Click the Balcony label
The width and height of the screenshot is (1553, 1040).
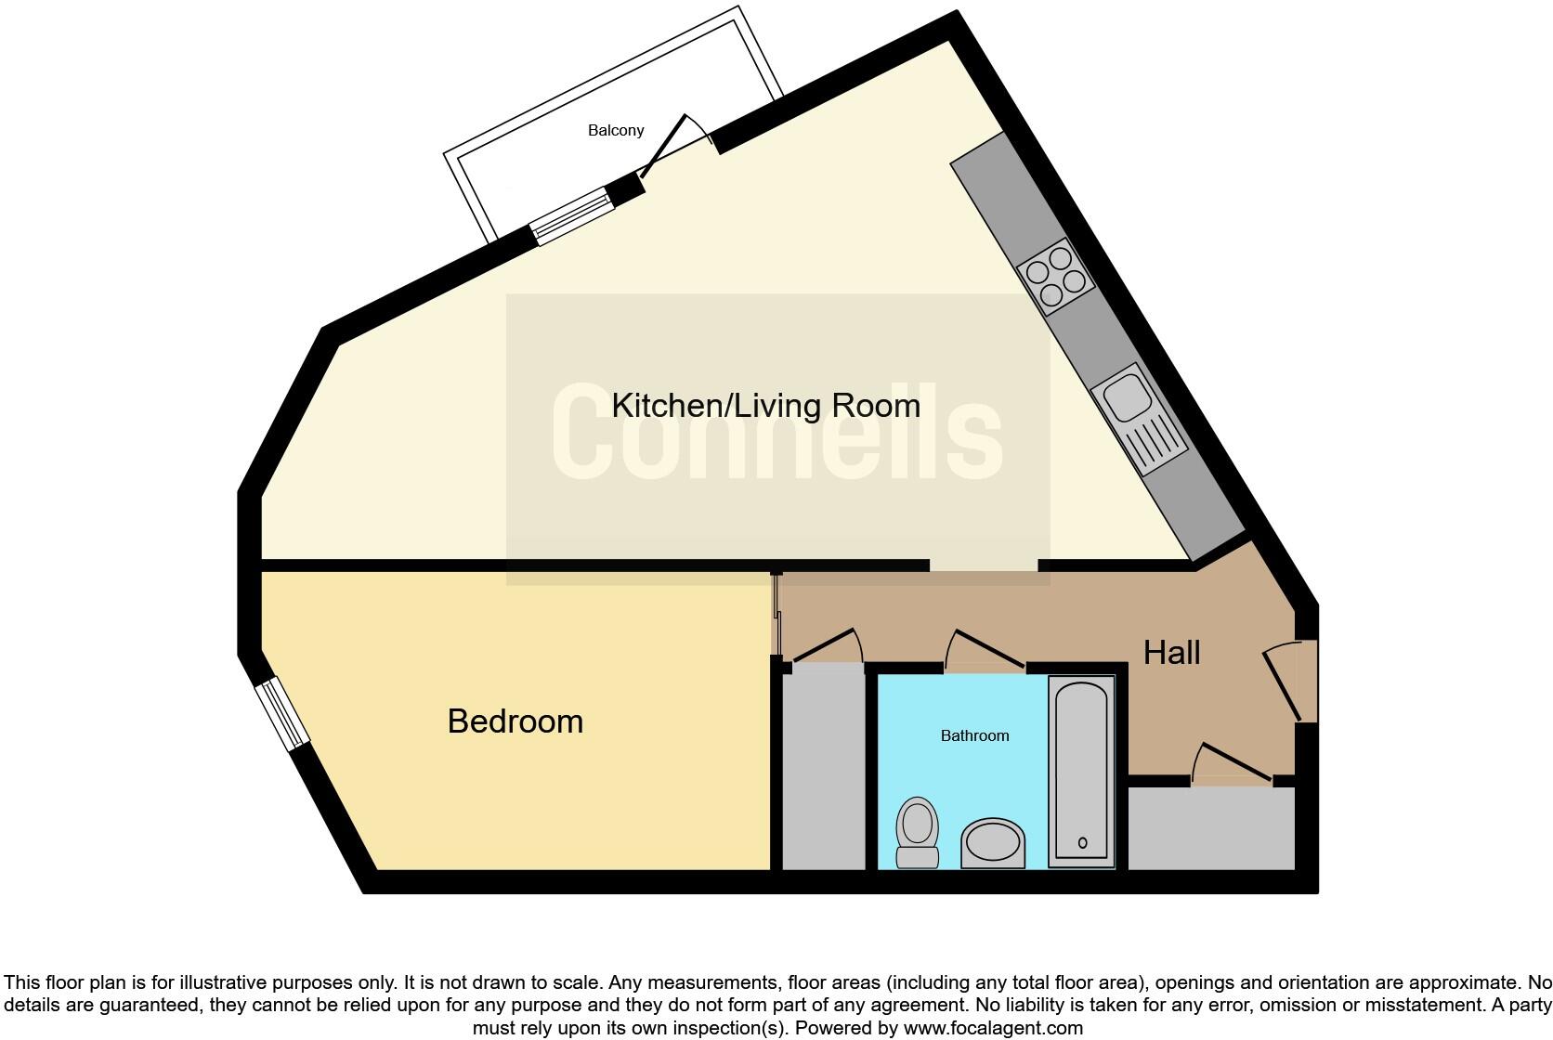[x=616, y=131]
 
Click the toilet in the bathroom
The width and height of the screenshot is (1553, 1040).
[x=918, y=832]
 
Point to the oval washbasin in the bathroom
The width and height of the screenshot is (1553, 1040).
[x=993, y=843]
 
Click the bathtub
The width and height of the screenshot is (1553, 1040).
[x=1082, y=772]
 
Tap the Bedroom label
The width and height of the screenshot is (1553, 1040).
[x=515, y=721]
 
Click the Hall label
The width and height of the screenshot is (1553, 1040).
[x=1171, y=653]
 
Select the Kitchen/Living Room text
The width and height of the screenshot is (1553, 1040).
[x=765, y=406]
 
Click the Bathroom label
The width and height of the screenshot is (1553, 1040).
[x=974, y=735]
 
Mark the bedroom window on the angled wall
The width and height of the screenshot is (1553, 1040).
[x=282, y=713]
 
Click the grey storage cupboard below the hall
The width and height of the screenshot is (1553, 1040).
[x=1211, y=829]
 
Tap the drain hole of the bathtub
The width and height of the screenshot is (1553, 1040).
[x=1083, y=843]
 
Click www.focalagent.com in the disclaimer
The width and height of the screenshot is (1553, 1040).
[x=992, y=1028]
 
